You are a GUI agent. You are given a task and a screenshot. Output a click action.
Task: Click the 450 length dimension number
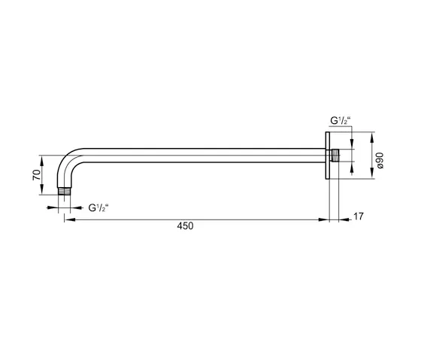184,226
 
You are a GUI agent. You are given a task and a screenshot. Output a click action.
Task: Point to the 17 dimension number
358,217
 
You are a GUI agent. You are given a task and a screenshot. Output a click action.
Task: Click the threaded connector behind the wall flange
335,156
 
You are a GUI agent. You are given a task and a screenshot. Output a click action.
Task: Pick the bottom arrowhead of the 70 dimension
43,194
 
